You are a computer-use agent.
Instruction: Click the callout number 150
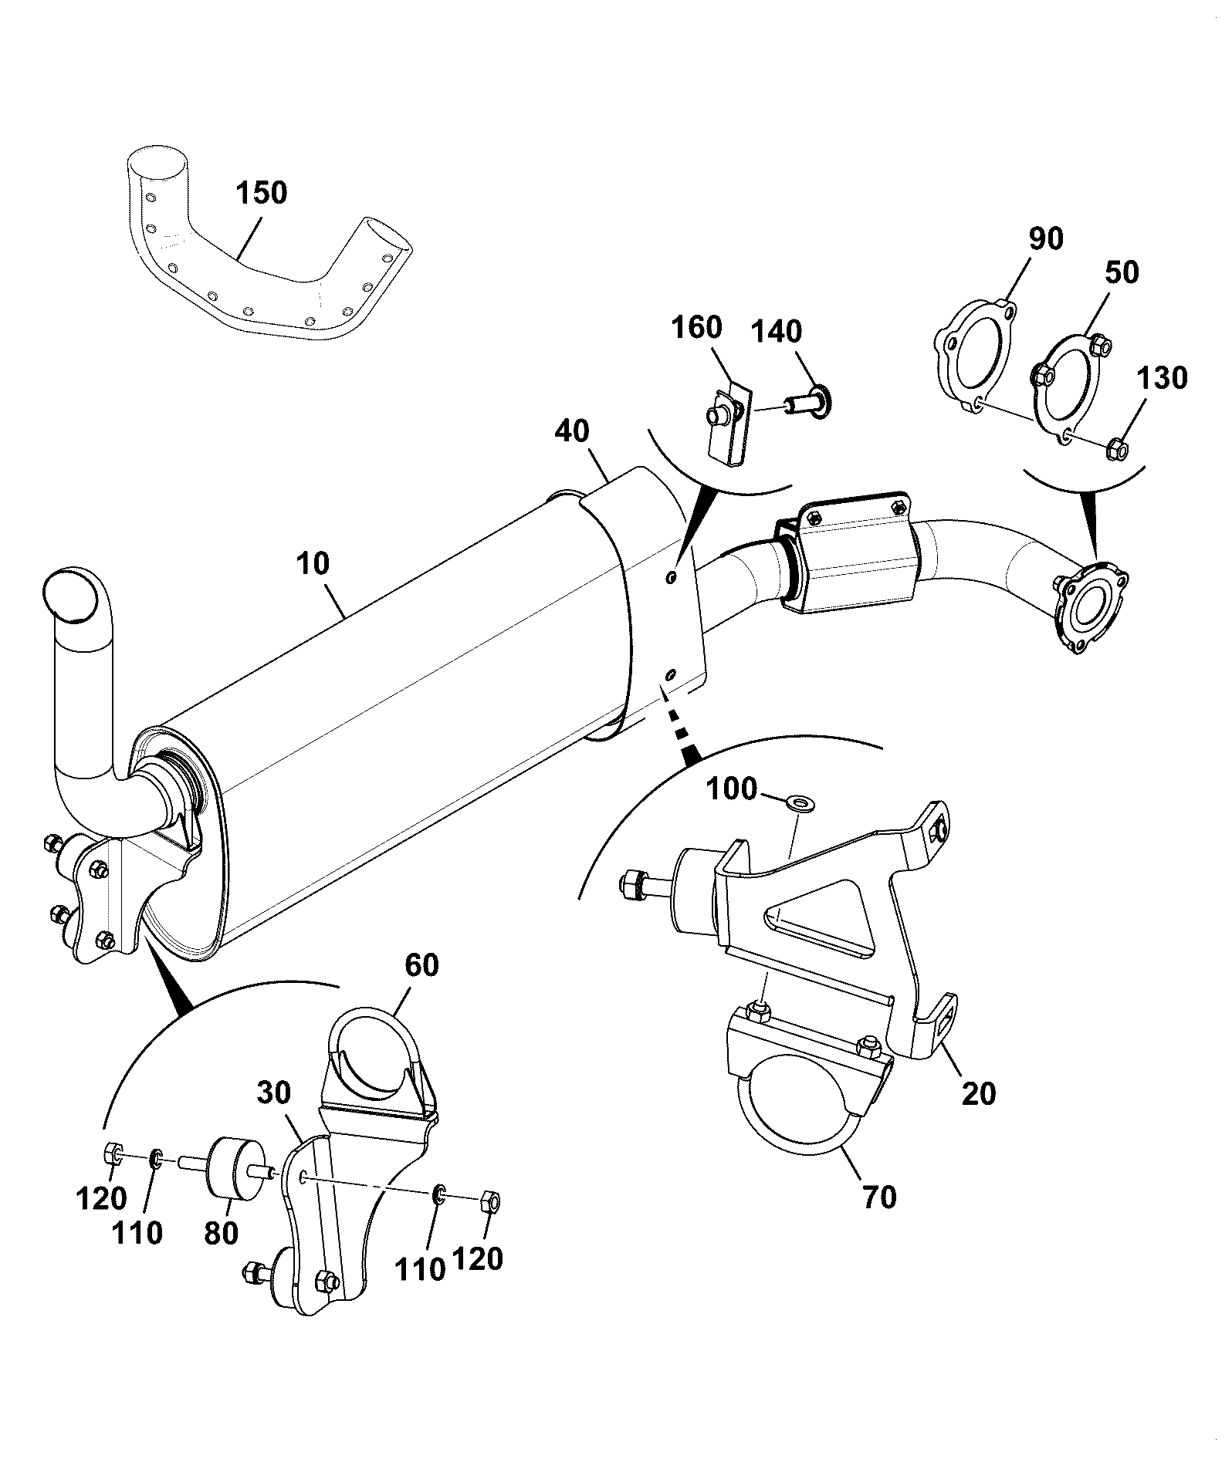tap(261, 192)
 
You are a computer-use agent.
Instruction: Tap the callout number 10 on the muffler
tap(312, 564)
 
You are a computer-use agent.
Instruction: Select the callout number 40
tap(572, 431)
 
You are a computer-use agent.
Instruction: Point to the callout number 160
tap(696, 327)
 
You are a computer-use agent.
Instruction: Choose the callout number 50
tap(1121, 272)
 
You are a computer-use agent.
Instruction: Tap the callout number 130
tap(1161, 378)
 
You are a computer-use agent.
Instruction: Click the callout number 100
tap(733, 790)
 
